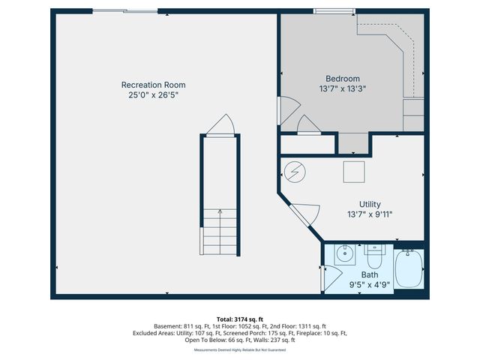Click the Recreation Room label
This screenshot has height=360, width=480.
click(153, 85)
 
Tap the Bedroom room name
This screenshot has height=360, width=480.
click(342, 79)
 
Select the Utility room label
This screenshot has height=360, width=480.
click(370, 204)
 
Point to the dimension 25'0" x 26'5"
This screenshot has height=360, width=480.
click(153, 95)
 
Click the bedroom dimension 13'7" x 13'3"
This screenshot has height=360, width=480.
click(342, 88)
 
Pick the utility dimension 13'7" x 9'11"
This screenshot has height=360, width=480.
click(370, 214)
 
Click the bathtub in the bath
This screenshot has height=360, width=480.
click(409, 270)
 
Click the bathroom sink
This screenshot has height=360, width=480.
click(346, 253)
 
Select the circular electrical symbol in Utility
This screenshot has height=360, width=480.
click(295, 172)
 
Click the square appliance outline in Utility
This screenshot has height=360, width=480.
click(354, 172)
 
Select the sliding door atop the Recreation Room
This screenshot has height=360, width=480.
click(125, 11)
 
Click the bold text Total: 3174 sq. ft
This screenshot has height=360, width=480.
click(239, 319)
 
